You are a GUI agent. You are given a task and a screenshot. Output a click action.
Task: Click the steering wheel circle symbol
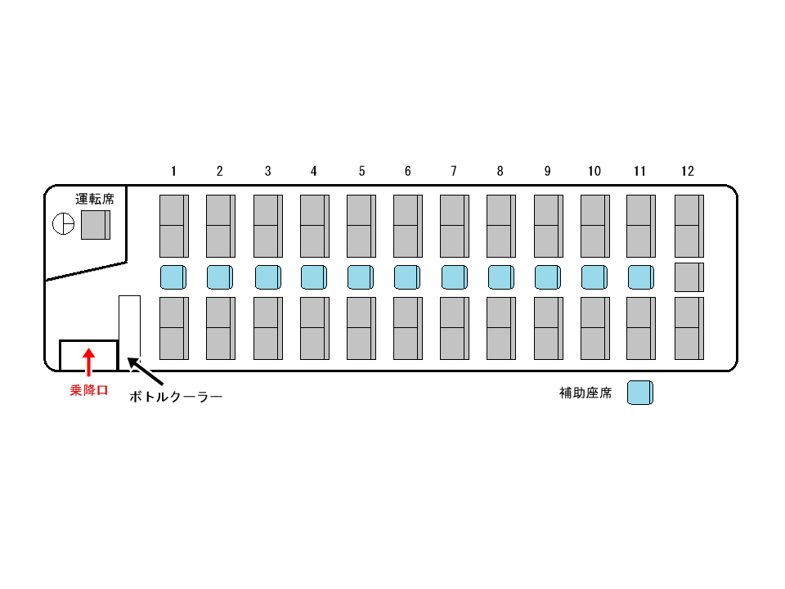coord(64,223)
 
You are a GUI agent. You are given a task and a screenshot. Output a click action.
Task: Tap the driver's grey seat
coord(95,224)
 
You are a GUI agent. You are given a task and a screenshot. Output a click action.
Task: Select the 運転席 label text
coord(95,198)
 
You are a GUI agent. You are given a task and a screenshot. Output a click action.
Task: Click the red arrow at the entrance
coord(89,360)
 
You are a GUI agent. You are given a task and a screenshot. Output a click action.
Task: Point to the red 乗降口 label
coord(88,391)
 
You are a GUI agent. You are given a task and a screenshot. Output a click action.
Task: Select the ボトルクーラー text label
coord(177,397)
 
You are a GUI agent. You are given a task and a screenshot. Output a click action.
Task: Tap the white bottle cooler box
coord(130,327)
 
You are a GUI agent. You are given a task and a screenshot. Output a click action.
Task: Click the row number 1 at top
coord(173,171)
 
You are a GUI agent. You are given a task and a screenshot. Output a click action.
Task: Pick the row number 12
coord(687,171)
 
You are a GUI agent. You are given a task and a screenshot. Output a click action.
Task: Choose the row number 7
coord(453,171)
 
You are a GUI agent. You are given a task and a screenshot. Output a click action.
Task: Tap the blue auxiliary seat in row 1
coord(173,277)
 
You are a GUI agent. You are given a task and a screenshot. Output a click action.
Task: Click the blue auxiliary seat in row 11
coord(641,277)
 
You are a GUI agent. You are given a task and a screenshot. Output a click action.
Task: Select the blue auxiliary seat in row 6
coord(407,277)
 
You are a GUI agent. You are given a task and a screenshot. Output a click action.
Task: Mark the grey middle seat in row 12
coord(689,277)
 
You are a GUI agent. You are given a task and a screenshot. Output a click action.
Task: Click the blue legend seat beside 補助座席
coord(640,393)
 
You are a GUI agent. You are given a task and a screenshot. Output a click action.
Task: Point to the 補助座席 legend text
coord(585,393)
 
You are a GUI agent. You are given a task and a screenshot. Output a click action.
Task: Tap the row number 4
coord(313,171)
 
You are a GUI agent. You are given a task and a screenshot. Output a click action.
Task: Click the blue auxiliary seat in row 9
coord(548,277)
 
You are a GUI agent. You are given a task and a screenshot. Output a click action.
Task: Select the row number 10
coord(594,171)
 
